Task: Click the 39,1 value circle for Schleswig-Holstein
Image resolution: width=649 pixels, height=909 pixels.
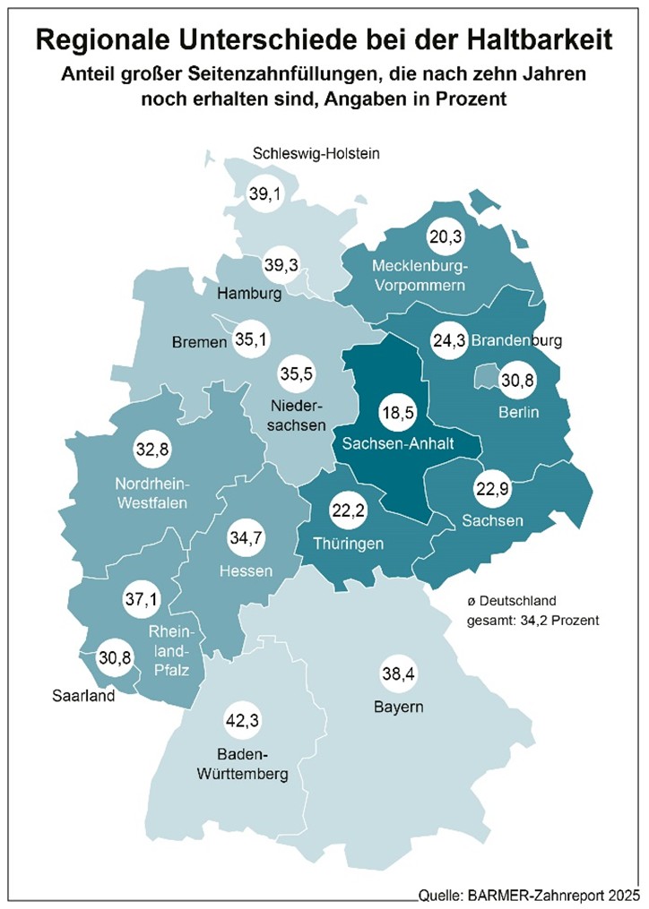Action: click(264, 193)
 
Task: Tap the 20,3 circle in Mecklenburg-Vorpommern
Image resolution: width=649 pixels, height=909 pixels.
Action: click(446, 237)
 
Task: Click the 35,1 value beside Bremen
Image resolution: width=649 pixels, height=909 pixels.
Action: click(251, 340)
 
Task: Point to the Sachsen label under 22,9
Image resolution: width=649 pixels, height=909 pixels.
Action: click(492, 520)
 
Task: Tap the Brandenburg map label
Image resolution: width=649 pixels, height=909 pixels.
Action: click(515, 341)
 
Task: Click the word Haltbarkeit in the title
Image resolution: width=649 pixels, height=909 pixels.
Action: click(524, 39)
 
